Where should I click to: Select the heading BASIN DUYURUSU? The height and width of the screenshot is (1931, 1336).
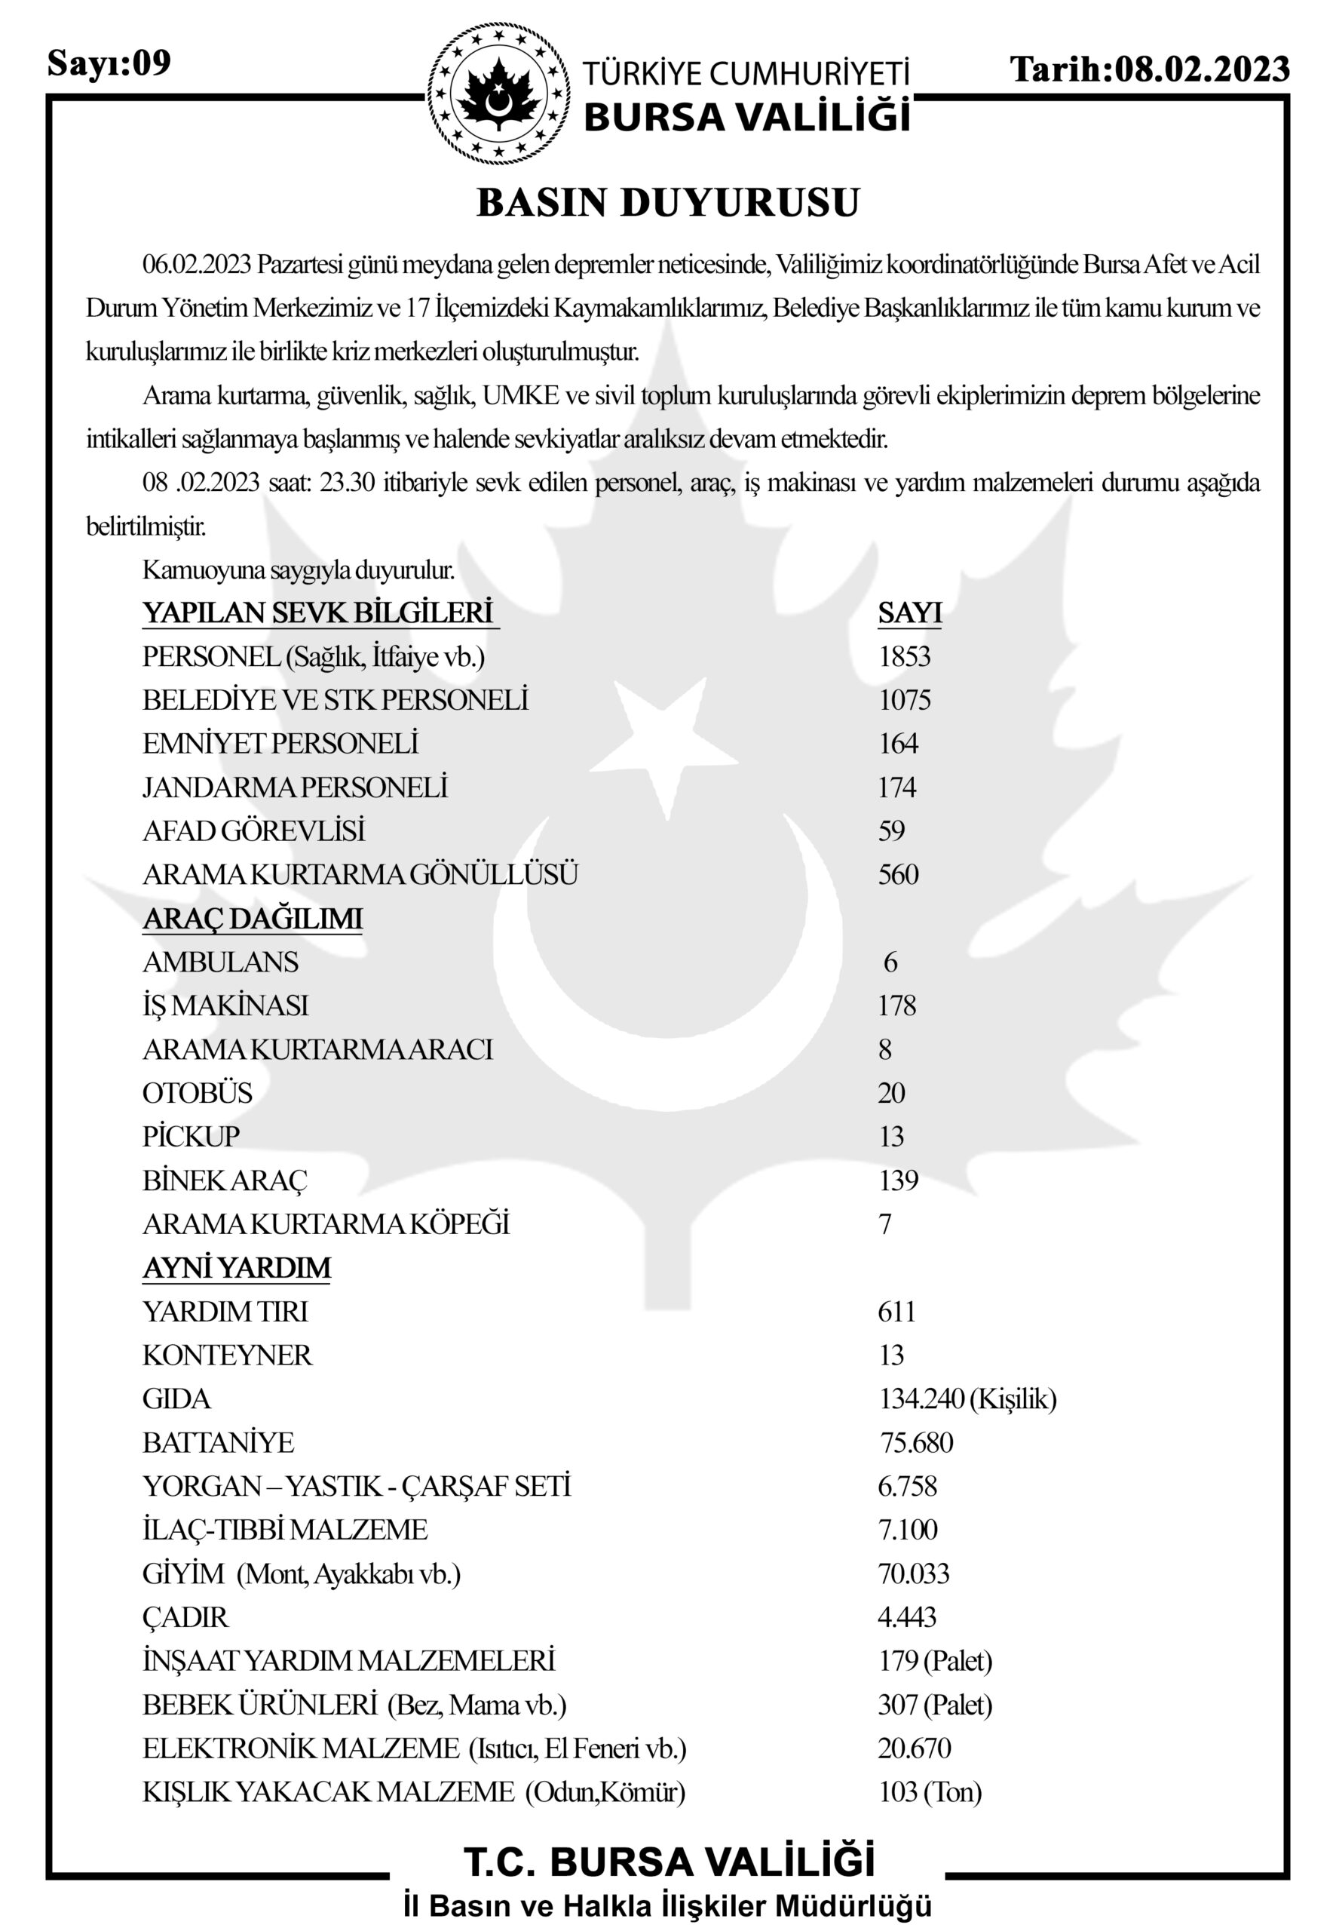pos(668,203)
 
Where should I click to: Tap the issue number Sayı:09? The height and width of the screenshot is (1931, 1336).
pos(109,63)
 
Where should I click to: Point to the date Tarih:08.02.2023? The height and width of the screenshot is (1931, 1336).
pos(1149,69)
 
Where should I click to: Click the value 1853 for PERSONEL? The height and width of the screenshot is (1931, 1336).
pos(904,656)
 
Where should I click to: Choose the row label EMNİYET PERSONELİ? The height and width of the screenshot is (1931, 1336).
pos(280,744)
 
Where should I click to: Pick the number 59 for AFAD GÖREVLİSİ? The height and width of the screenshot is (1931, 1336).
pos(891,830)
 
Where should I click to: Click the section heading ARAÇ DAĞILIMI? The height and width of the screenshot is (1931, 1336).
pos(253,919)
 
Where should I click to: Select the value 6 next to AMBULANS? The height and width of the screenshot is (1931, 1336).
pos(890,962)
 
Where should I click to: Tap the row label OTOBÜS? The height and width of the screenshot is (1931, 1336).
pos(198,1093)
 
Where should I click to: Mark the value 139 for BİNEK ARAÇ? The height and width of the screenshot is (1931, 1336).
pos(898,1180)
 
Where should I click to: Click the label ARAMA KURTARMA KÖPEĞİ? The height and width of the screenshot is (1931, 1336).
pos(326,1224)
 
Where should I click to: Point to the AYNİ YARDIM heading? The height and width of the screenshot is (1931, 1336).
pos(237,1268)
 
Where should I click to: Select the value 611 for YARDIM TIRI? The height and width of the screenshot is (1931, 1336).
pos(896,1311)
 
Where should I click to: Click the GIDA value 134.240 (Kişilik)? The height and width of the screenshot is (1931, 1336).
pos(967,1398)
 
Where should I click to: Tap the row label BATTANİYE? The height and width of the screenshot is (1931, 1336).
pos(219,1443)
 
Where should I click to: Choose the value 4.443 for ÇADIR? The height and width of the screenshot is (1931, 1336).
pos(906,1617)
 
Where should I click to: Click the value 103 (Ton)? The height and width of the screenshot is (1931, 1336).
pos(929,1792)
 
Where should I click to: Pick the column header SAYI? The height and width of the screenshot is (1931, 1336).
pos(910,613)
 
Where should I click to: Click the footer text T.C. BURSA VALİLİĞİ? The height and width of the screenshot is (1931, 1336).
pos(668,1862)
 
